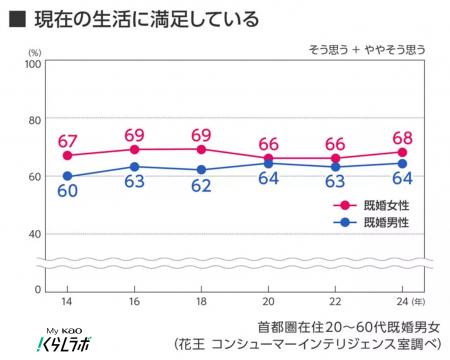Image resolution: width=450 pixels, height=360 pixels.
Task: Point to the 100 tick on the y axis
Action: [x=30, y=63]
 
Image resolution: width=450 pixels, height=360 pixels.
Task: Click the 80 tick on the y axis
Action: [x=32, y=120]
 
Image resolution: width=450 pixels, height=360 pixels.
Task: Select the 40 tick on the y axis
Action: [x=32, y=233]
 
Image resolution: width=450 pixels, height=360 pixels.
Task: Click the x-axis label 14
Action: [x=66, y=301]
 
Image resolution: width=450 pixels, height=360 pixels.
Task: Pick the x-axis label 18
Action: [x=202, y=301]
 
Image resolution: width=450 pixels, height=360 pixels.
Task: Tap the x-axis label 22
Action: [x=336, y=301]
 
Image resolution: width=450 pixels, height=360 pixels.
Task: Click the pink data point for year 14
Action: [x=67, y=156]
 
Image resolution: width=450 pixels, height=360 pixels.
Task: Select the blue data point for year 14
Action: [x=67, y=176]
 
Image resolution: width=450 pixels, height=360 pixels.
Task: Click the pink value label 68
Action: [x=403, y=135]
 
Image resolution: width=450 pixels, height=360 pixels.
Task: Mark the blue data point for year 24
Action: [x=403, y=164]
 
